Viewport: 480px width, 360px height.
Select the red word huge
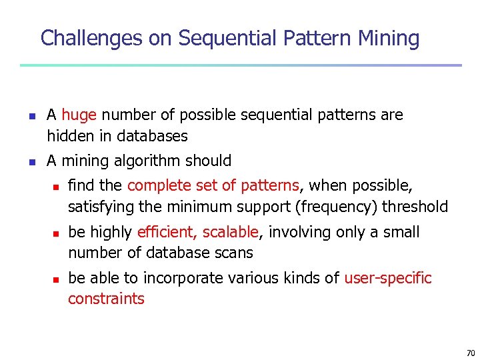[x=79, y=115]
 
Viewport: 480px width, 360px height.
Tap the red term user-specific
[x=388, y=278]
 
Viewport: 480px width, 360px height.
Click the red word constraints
[x=106, y=299]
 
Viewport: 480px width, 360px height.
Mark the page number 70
[x=470, y=353]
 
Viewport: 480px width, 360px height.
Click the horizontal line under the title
[x=240, y=65]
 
